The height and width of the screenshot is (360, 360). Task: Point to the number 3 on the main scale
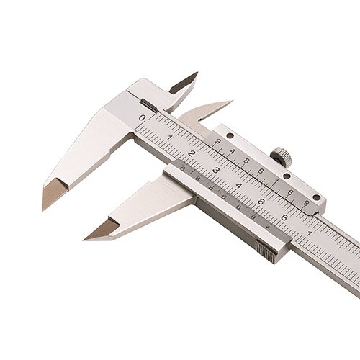[215, 170]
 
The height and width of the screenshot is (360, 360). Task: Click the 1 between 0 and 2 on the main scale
[168, 136]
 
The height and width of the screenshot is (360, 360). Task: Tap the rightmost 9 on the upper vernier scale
[306, 204]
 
